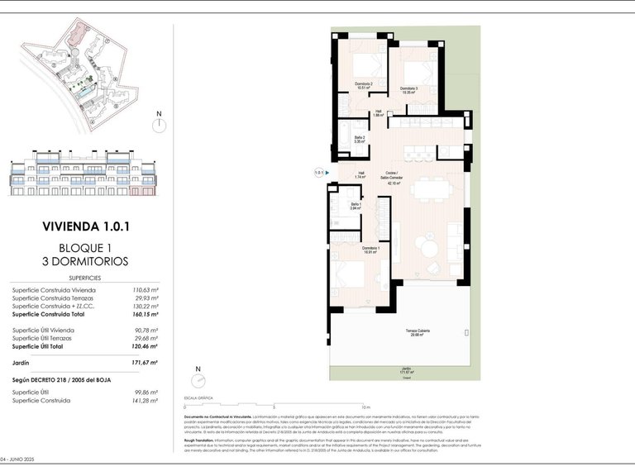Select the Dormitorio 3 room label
pyautogui.click(x=409, y=89)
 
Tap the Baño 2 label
pyautogui.click(x=360, y=140)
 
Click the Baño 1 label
pyautogui.click(x=356, y=207)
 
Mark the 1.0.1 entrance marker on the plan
pyautogui.click(x=319, y=172)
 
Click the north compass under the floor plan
pyautogui.click(x=197, y=379)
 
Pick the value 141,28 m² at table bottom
pyautogui.click(x=146, y=401)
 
